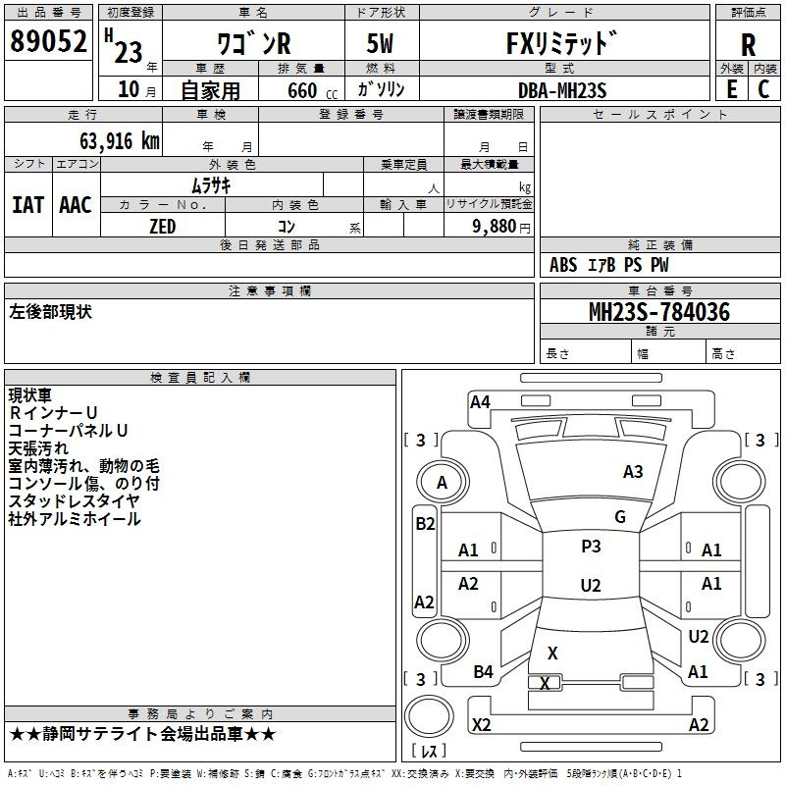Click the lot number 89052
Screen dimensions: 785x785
coord(48,41)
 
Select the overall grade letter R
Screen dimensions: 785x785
coord(748,45)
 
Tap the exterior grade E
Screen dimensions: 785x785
coord(731,89)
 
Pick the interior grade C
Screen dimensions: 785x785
coord(763,89)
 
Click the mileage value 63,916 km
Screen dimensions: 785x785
coord(120,141)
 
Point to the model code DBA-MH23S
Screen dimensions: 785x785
coord(562,90)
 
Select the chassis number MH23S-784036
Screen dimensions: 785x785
coord(659,312)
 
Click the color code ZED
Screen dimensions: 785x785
coord(163,227)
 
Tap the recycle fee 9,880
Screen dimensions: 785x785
coord(495,227)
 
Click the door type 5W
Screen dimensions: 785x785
coord(380,43)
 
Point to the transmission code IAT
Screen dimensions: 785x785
coord(28,205)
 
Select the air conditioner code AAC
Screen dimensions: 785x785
coord(76,205)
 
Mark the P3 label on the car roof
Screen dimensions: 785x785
coord(592,547)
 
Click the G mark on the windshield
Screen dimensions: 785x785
coord(620,517)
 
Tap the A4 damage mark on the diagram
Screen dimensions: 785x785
coord(480,402)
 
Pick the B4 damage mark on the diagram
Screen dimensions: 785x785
coord(484,672)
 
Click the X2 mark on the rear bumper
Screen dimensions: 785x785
coord(482,724)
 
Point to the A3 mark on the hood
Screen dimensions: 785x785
coord(633,472)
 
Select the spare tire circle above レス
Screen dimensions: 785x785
coord(429,717)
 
